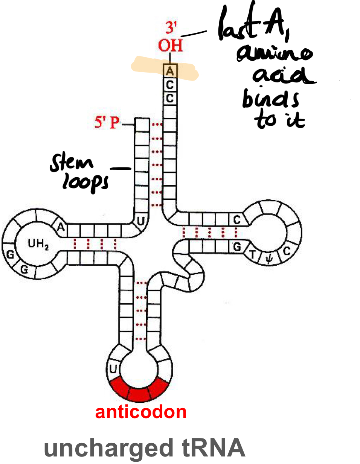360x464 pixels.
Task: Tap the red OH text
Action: (170, 46)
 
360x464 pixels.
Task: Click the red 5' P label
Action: (107, 122)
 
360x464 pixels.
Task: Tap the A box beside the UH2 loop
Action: (61, 227)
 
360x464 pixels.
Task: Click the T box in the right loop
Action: (253, 255)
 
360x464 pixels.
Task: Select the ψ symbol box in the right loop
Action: (268, 259)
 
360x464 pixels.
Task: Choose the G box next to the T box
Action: (237, 247)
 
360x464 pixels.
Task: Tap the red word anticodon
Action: (141, 412)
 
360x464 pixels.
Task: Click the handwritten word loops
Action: (85, 183)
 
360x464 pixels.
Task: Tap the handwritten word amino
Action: (274, 54)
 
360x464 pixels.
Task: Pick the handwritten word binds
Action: (270, 99)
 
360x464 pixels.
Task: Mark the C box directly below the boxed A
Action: (170, 85)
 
